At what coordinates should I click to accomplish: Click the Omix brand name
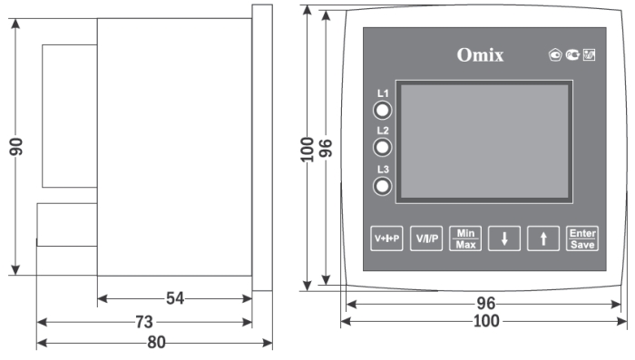tap(480, 55)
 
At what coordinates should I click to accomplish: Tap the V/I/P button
tap(426, 238)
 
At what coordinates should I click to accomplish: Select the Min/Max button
tap(465, 238)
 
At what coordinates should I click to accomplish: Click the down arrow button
tap(504, 238)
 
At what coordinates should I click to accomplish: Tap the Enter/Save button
tap(582, 238)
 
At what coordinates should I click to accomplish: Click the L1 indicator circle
tap(382, 110)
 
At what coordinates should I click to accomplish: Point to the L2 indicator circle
tap(382, 148)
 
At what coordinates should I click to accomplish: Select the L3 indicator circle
tap(382, 186)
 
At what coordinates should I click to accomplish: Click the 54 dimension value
tap(175, 298)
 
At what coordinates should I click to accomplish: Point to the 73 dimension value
tap(144, 322)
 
